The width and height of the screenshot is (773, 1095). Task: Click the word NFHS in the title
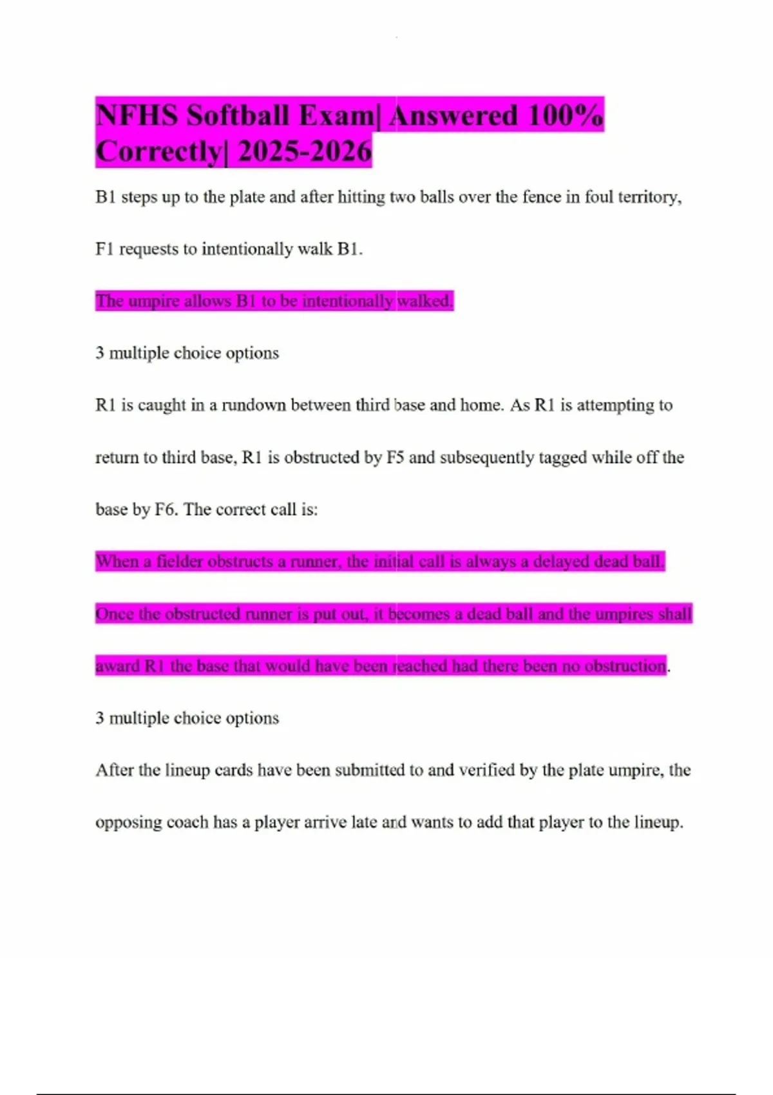[x=137, y=116]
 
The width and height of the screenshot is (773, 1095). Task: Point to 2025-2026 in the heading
[x=305, y=152]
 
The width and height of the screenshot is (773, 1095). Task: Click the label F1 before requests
[x=105, y=249]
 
